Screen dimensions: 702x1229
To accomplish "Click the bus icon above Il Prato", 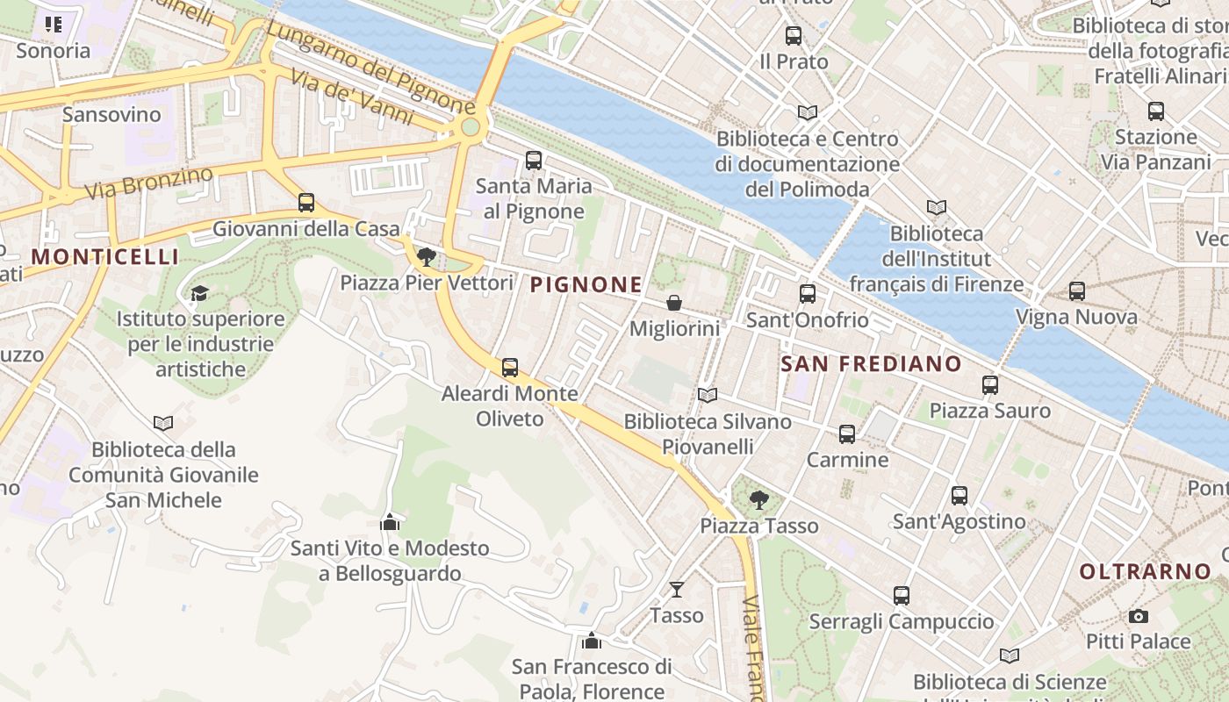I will click(x=794, y=36).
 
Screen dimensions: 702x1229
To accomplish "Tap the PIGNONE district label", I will click(x=586, y=284).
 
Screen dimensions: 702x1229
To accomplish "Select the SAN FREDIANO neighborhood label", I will click(x=871, y=363).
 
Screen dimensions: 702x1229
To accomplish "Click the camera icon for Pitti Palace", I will click(x=1138, y=616).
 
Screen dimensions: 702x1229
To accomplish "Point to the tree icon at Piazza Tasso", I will click(x=759, y=500).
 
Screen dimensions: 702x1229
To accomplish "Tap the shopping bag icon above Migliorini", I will click(x=674, y=303).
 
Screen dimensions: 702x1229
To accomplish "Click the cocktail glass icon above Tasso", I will click(x=677, y=589).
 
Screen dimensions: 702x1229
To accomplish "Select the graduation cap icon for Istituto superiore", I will click(x=200, y=293).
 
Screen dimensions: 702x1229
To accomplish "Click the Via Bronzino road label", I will click(x=148, y=182).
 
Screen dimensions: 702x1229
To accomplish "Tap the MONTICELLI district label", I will click(x=105, y=256).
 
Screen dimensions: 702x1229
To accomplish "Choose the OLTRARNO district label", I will click(x=1145, y=571).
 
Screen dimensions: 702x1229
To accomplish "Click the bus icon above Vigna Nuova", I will click(x=1076, y=291).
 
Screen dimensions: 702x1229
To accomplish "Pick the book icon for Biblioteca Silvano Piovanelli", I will click(x=708, y=396).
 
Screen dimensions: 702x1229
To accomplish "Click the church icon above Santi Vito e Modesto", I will click(x=390, y=522).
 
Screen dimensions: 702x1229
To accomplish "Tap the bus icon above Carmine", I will click(x=847, y=434).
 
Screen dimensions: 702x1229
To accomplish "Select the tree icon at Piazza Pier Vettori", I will click(x=427, y=257).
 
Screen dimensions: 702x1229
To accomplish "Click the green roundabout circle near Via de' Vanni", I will click(x=471, y=128).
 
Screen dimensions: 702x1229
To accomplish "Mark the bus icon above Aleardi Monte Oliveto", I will click(x=510, y=368).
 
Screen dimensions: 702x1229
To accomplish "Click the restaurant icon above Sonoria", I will click(x=54, y=25).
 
